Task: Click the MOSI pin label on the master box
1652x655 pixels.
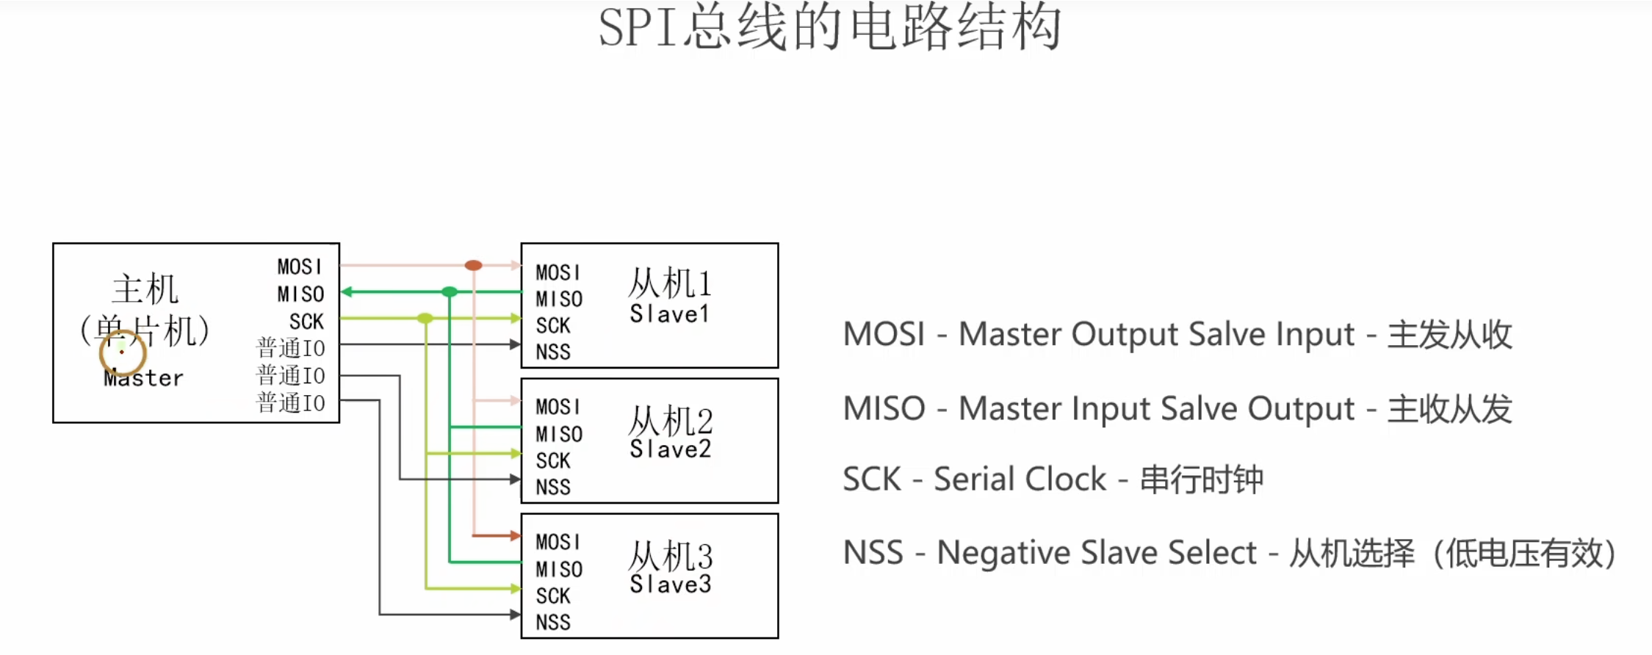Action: [x=299, y=266]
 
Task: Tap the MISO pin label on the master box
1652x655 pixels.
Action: [x=300, y=294]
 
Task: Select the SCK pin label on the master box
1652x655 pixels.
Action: [x=306, y=321]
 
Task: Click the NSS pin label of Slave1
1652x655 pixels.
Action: [x=552, y=352]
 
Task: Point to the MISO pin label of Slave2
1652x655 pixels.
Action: [x=558, y=434]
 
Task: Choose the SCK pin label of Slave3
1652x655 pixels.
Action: [x=552, y=596]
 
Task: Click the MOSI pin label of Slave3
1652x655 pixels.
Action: [x=558, y=542]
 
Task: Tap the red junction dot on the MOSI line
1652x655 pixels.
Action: [x=473, y=265]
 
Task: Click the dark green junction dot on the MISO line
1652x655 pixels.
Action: [x=450, y=292]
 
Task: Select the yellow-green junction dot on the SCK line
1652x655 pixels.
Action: [x=425, y=318]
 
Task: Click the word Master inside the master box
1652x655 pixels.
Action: [x=143, y=378]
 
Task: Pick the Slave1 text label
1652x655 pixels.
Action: [x=669, y=314]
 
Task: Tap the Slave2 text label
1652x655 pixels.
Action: [x=670, y=449]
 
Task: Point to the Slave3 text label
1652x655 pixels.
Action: [x=670, y=585]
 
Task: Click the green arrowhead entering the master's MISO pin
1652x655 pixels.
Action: [x=347, y=292]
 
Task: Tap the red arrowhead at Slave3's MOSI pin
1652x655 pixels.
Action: [x=516, y=535]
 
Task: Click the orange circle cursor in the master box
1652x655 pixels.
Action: [x=122, y=352]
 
